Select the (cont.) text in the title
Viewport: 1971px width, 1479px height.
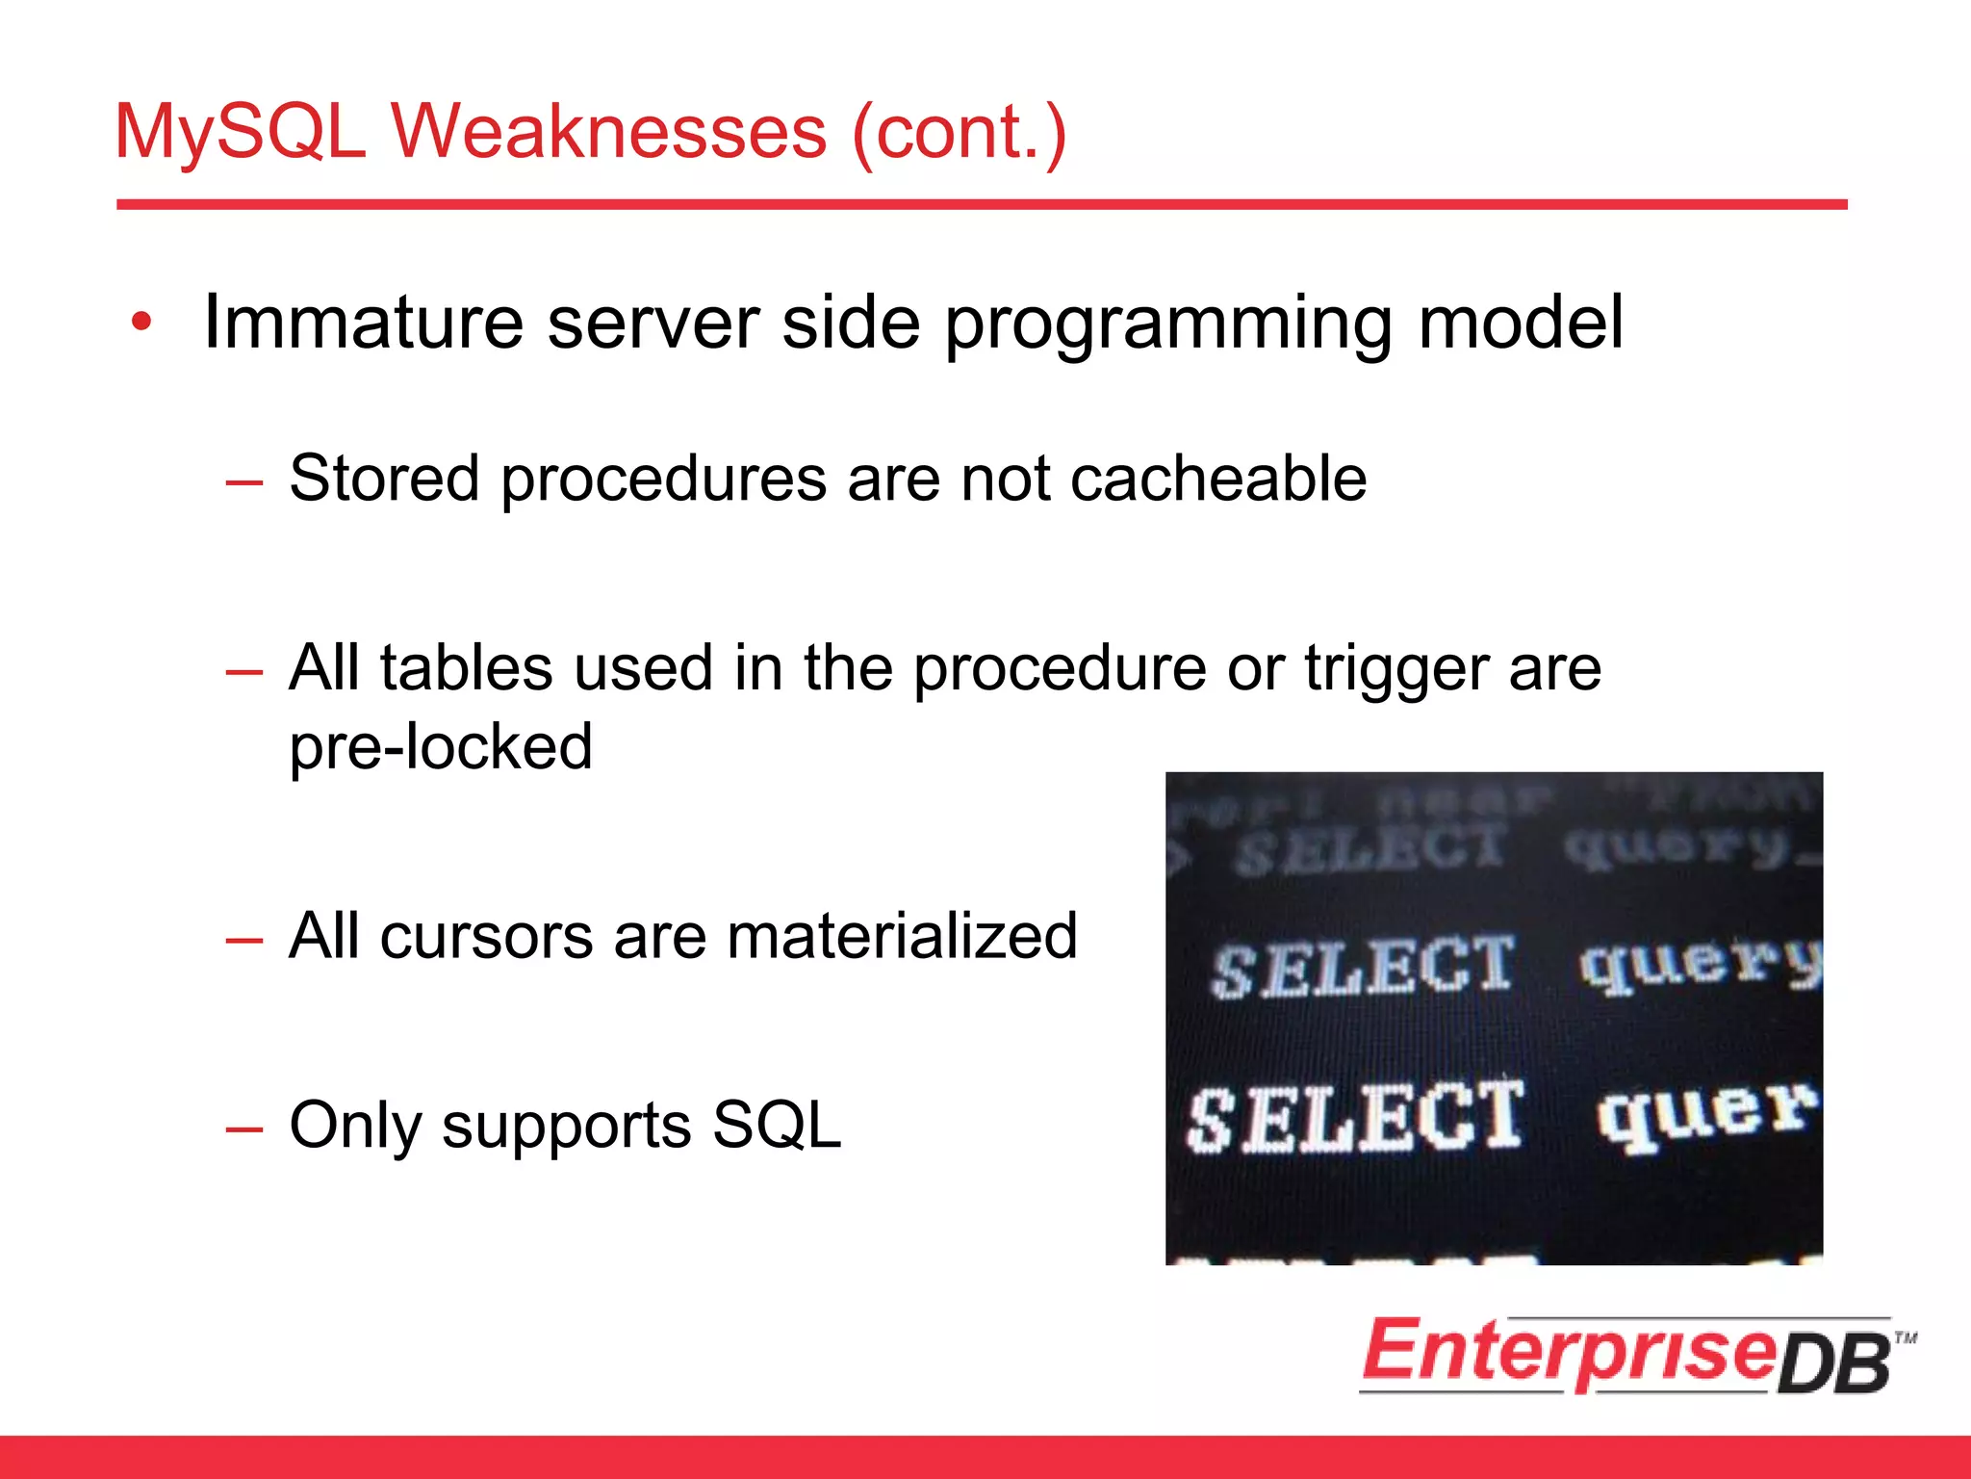click(960, 132)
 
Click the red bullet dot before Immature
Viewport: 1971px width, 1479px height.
click(141, 323)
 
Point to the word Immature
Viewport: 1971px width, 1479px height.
click(363, 323)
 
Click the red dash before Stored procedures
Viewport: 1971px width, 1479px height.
click(243, 480)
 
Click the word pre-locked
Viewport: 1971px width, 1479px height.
click(441, 746)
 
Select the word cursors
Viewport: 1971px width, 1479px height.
click(486, 936)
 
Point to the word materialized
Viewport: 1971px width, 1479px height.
click(902, 936)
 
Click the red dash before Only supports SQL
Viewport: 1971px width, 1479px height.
click(243, 1128)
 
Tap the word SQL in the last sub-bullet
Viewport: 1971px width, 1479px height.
click(776, 1125)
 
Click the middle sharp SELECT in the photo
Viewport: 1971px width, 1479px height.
click(1362, 967)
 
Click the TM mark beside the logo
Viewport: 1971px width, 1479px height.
click(1905, 1337)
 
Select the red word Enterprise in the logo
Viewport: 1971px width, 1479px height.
click(1569, 1353)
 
